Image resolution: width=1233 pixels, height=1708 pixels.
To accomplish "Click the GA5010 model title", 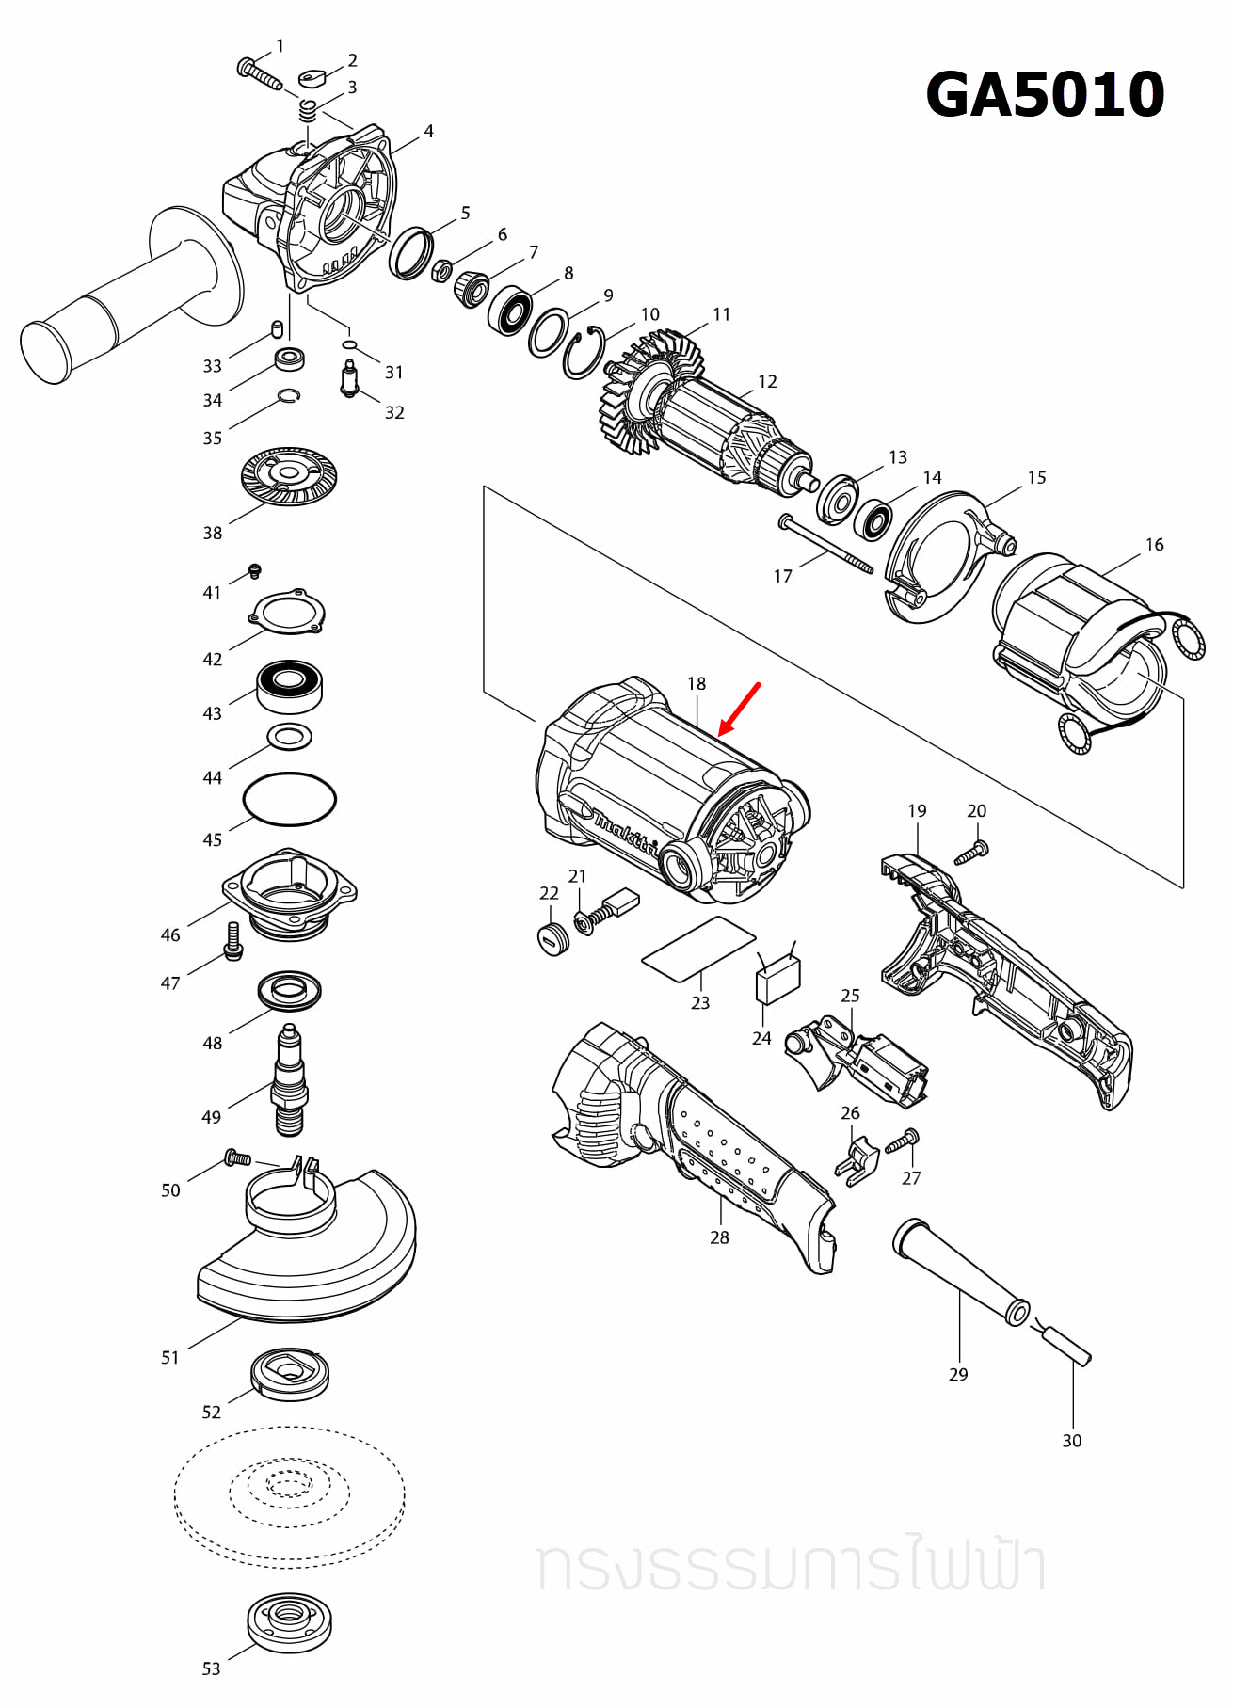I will (1045, 95).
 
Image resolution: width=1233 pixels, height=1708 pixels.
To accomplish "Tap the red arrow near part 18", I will (739, 710).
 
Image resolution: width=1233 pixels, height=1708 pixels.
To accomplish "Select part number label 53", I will (211, 1668).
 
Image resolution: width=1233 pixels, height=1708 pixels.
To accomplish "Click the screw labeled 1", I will (259, 73).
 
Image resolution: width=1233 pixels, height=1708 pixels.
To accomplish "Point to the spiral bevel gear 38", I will (289, 475).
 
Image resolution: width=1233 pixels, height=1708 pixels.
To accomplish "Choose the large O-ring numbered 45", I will (289, 799).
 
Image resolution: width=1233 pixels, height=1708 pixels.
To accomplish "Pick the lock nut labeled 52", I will (290, 1374).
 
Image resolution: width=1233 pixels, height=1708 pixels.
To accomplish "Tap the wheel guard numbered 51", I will (311, 1252).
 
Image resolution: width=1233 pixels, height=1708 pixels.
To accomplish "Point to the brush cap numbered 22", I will (553, 938).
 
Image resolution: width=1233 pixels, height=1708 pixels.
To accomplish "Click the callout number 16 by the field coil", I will (1154, 545).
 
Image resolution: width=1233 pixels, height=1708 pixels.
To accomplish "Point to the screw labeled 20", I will (970, 854).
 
